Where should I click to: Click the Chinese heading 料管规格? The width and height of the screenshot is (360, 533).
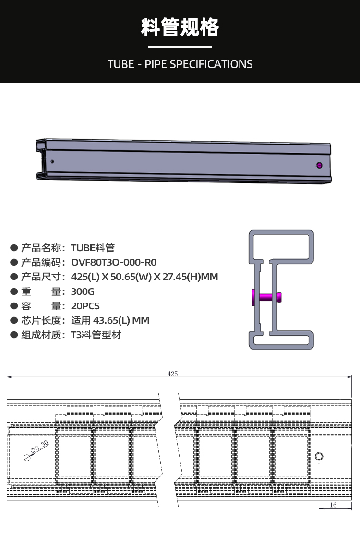pos(180,27)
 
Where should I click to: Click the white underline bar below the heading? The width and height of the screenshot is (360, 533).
pos(180,47)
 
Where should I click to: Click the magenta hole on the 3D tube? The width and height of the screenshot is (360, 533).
pos(320,165)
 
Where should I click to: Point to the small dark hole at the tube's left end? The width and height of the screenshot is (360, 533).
pos(52,161)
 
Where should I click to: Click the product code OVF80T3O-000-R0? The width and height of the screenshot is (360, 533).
pos(114,263)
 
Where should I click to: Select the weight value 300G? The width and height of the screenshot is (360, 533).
pos(83,291)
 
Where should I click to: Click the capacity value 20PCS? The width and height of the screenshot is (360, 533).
pos(85,306)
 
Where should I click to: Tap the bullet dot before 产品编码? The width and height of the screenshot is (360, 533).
pos(14,263)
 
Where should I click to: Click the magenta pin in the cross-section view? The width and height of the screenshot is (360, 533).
pos(265,297)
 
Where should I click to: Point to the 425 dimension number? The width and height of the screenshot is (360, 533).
pos(173,374)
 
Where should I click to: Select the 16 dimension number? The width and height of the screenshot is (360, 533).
pos(333,505)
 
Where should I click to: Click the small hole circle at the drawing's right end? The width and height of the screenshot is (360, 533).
pos(319,456)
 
